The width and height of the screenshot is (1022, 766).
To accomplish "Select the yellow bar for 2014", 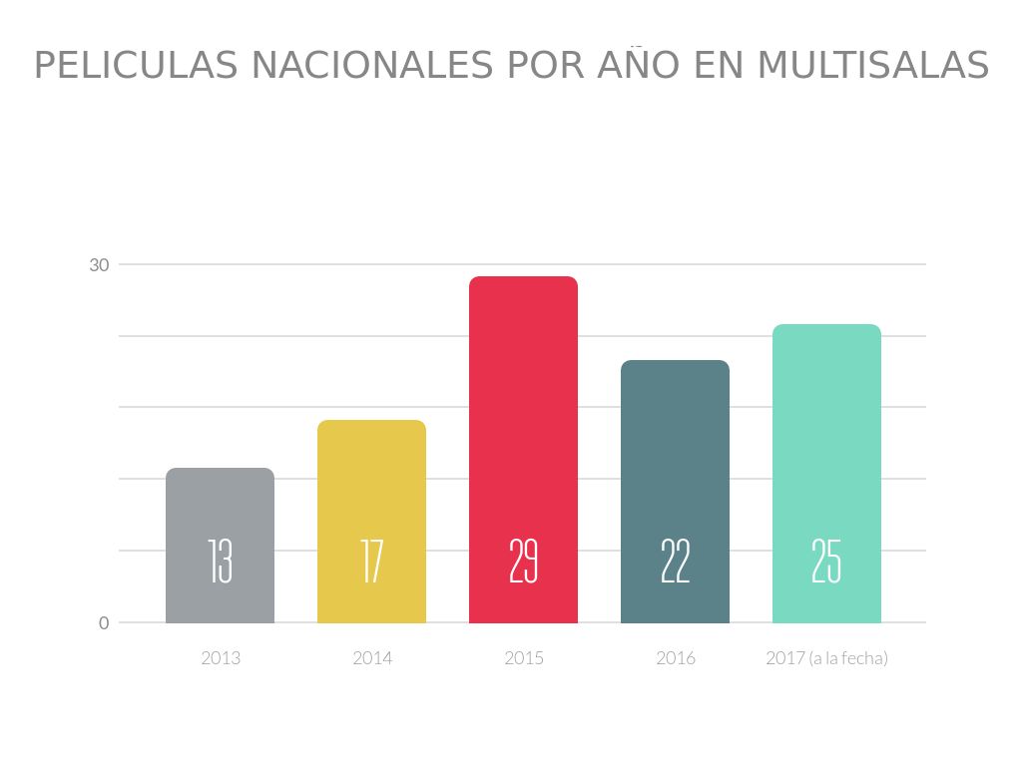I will coord(371,479).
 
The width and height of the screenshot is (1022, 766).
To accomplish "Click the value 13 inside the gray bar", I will coord(220,562).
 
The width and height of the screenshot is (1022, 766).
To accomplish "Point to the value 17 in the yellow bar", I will coord(371,562).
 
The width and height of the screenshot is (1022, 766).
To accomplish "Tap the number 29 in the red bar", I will coord(523,562).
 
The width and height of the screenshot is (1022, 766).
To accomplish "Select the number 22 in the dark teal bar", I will coord(675,562).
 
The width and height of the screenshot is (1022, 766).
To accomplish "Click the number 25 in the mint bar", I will coord(826,562).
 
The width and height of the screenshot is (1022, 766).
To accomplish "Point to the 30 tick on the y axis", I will coord(99,265).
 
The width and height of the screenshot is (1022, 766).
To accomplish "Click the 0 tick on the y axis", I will coord(104,623).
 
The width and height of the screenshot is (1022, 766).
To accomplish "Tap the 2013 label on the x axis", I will coord(220,658).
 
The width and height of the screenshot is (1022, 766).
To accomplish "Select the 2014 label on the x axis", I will coord(371,658).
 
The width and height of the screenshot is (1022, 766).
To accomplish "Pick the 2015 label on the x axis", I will coord(523,658).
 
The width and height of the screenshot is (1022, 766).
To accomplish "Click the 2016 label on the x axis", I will coord(675,658).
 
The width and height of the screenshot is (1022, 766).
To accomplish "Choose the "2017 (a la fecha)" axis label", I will coord(826,658).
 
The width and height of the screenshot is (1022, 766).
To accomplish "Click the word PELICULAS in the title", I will coord(136,66).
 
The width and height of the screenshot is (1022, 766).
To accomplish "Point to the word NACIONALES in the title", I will coord(372,66).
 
